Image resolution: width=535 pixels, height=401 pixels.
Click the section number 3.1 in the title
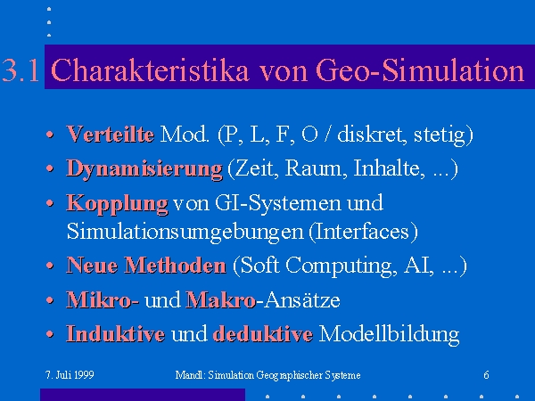point(21,70)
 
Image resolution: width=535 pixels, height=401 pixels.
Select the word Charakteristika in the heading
point(150,70)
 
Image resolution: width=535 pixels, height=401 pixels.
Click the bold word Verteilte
point(111,134)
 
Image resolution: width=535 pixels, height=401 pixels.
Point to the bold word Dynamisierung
point(144,169)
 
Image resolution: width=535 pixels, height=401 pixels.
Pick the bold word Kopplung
point(117,204)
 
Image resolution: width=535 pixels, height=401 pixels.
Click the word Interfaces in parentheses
point(363,232)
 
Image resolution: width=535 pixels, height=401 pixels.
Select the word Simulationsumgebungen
point(185,233)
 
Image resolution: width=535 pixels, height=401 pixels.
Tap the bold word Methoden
point(175,265)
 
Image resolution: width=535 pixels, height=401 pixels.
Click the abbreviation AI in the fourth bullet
point(416,265)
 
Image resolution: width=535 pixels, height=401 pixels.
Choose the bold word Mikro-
point(103,299)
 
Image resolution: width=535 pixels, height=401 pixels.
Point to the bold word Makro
point(220,299)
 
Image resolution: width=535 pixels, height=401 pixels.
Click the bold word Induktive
point(115,334)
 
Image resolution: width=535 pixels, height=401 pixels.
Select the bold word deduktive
point(263,334)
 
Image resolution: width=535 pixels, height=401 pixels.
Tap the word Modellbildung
point(389,334)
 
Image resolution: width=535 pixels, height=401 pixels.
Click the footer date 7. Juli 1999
point(70,375)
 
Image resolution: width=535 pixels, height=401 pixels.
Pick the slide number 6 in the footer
point(486,375)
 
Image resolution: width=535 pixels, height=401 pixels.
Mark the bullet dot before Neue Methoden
point(50,266)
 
